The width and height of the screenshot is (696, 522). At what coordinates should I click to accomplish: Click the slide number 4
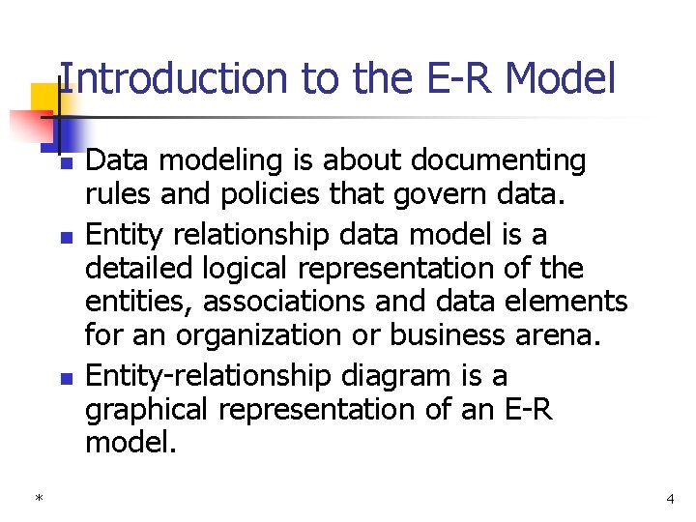tap(669, 499)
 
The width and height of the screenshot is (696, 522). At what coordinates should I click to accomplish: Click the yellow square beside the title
tap(44, 99)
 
